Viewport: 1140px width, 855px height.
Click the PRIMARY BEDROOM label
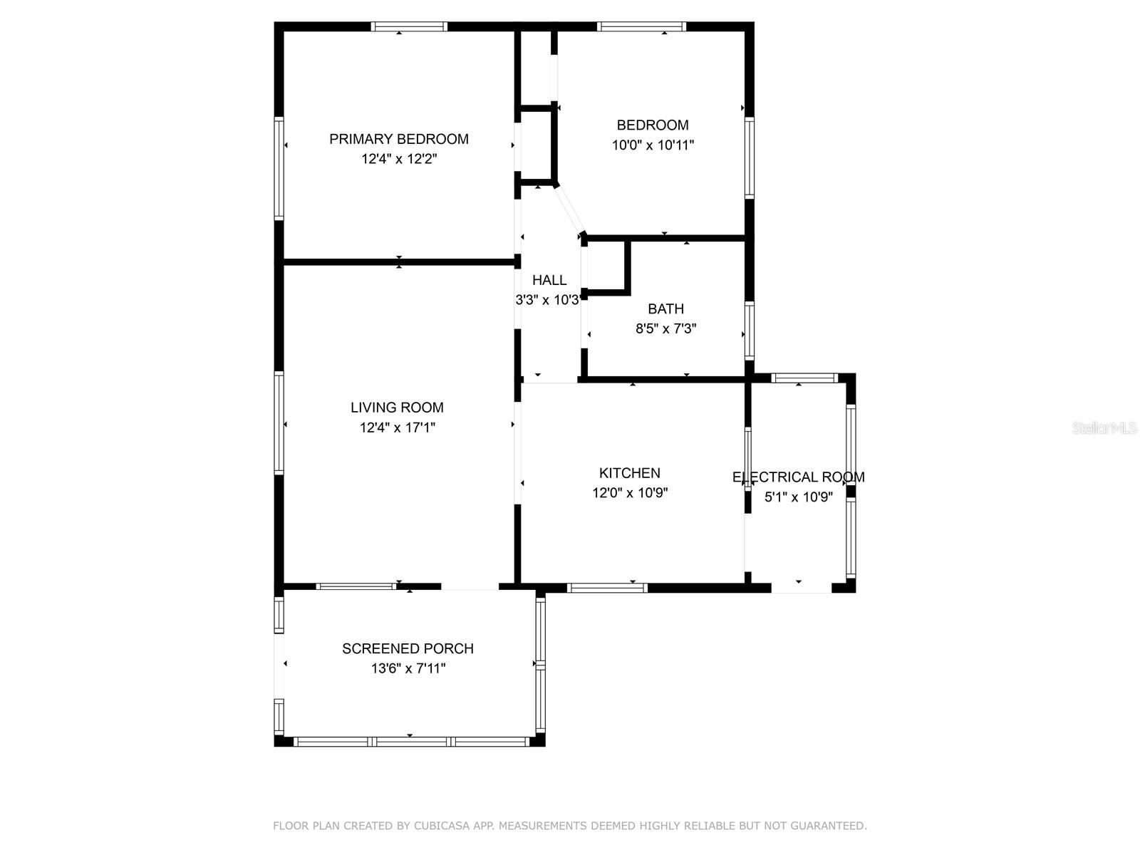pos(398,139)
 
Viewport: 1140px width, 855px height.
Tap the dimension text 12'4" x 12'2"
pos(398,159)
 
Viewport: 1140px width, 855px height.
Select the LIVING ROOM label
pos(397,408)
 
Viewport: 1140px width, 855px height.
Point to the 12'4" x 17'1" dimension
pos(397,427)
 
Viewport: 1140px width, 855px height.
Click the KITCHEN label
pos(629,473)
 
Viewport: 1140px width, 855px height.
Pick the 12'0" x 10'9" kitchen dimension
pos(629,493)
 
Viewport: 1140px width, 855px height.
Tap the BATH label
pos(665,309)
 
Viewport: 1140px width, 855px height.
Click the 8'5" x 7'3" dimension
pos(665,329)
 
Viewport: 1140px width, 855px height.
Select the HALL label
pos(549,281)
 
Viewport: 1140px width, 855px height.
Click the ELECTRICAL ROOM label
pos(798,477)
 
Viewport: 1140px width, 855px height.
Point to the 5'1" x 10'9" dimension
pos(798,497)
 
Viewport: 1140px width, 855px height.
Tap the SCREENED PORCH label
pos(408,649)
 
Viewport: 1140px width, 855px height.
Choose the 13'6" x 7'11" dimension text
pos(408,669)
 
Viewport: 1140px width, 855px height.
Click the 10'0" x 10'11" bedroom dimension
pos(653,145)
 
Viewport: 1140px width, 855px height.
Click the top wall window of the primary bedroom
pos(409,27)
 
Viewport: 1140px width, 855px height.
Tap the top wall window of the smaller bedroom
pos(641,27)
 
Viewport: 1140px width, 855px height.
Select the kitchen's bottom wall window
pos(607,588)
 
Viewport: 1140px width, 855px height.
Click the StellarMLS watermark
pos(1104,427)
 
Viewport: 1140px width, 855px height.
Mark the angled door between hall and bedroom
pos(569,209)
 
